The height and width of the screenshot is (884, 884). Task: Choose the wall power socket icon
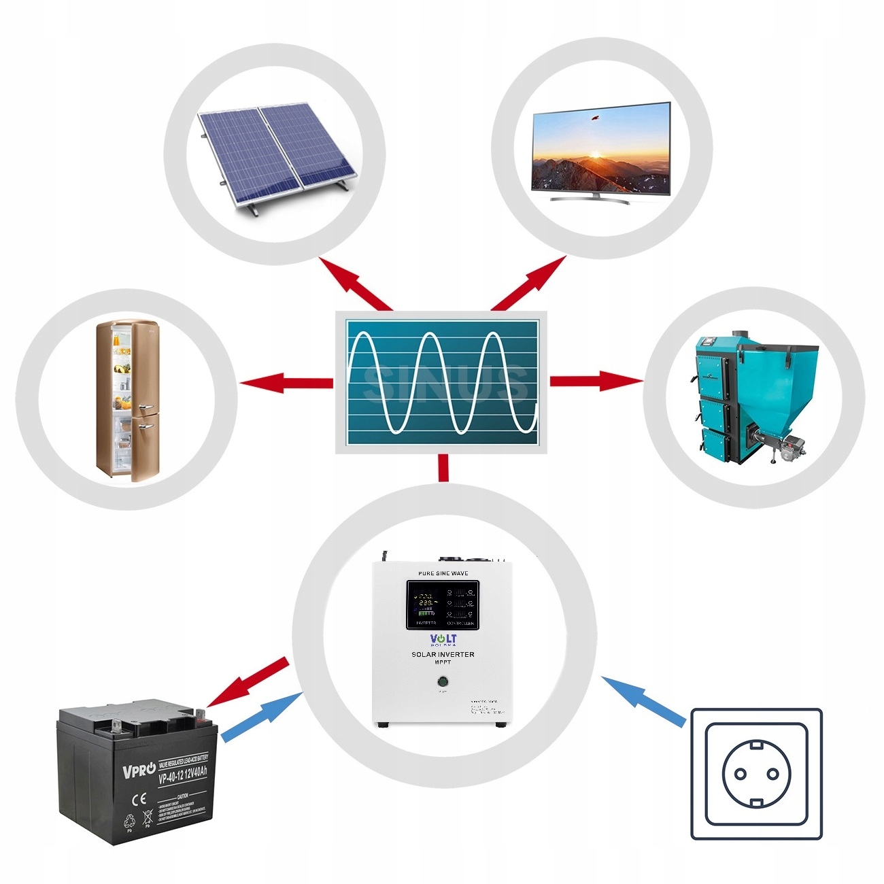point(756,774)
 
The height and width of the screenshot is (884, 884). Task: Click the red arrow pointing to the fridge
point(286,382)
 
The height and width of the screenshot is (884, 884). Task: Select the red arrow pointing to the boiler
point(595,381)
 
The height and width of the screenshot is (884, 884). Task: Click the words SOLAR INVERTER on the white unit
point(443,654)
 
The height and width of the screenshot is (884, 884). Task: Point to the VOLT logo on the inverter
point(443,639)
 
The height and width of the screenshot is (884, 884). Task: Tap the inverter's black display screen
point(443,605)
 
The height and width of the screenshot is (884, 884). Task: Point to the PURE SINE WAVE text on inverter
point(443,573)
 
